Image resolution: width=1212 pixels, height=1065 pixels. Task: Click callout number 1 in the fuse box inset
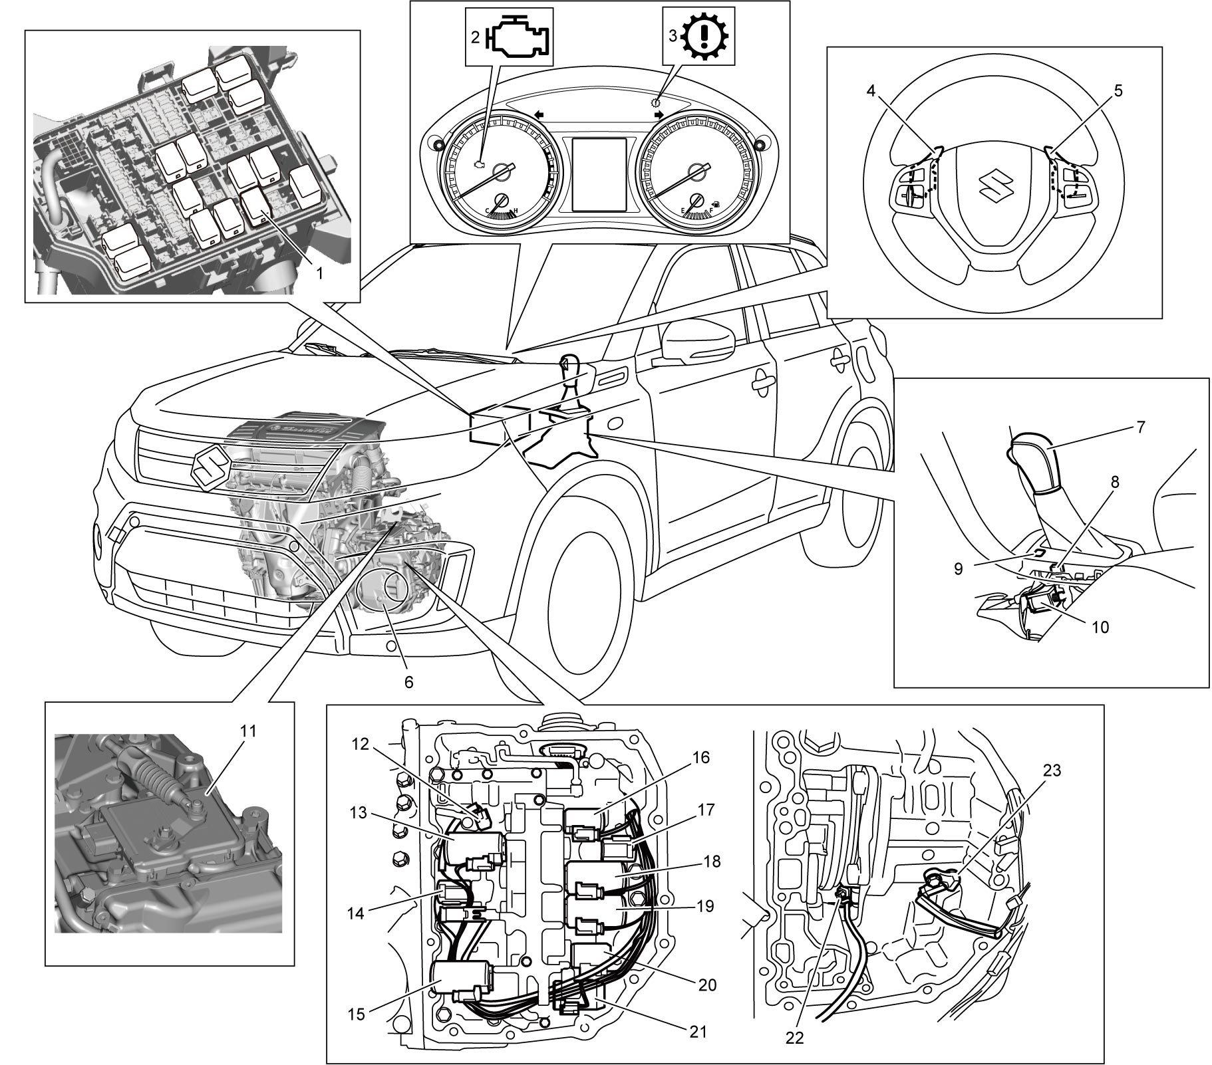coord(319,273)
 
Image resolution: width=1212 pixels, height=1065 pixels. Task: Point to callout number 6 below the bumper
coord(408,682)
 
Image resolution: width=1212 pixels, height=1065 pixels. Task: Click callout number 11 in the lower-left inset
coord(248,731)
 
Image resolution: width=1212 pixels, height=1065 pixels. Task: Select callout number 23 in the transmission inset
coord(1052,771)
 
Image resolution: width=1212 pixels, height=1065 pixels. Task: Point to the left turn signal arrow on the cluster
coord(539,116)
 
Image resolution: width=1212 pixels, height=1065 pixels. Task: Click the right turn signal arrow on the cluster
coord(660,115)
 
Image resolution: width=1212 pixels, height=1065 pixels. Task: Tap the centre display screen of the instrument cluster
coord(600,174)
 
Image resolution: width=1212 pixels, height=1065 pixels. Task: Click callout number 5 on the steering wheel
coord(1118,91)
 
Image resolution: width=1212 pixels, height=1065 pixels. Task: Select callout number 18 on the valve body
coord(712,862)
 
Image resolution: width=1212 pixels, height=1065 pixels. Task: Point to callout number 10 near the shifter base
coord(1101,627)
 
